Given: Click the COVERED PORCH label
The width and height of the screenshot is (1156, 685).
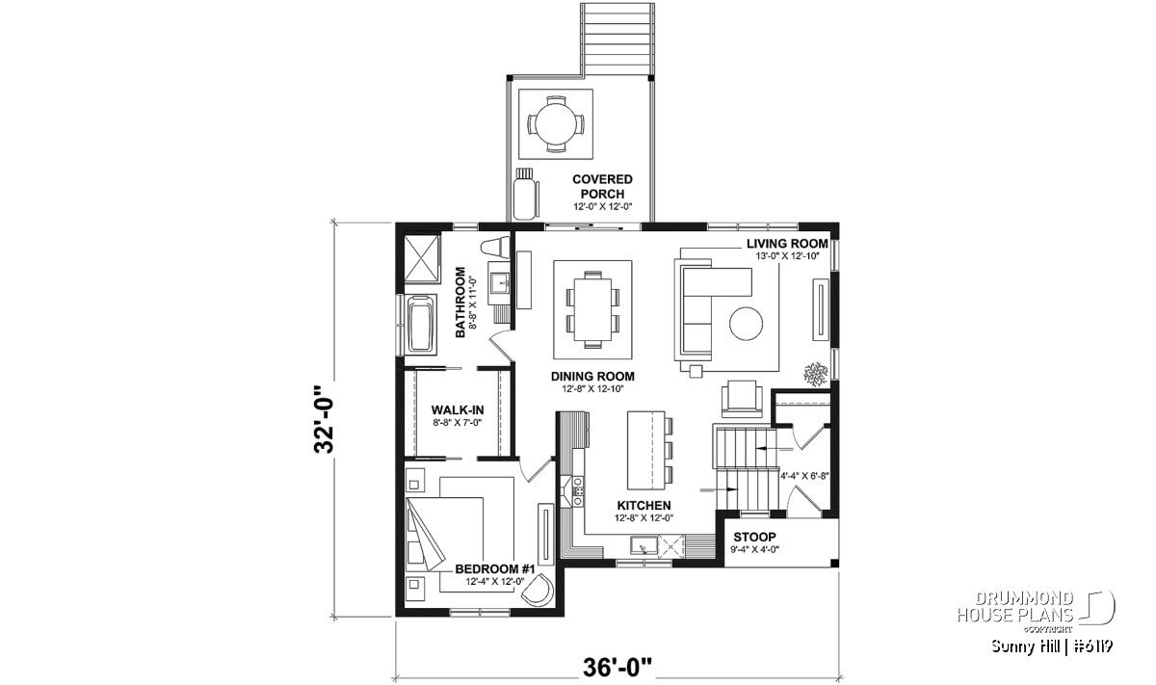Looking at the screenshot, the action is tap(602, 186).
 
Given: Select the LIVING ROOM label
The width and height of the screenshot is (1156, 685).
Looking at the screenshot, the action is tap(787, 243).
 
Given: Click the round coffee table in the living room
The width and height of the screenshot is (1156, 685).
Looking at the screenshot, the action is tap(746, 324).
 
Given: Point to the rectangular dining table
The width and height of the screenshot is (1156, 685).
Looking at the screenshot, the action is tap(593, 309).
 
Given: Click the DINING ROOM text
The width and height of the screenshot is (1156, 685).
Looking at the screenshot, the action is tap(592, 377).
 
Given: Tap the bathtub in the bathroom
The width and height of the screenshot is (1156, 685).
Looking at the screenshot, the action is tap(421, 324).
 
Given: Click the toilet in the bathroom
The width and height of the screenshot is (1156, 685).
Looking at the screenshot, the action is tap(495, 247).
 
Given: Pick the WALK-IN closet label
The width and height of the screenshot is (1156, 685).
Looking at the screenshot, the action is tap(458, 409).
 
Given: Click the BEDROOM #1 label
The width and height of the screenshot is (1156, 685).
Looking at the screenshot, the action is tap(494, 568).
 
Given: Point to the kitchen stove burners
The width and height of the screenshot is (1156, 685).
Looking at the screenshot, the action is tap(579, 491).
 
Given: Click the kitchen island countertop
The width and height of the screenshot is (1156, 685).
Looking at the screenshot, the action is tap(645, 450).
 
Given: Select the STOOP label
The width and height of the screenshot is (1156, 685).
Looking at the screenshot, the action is tap(754, 537).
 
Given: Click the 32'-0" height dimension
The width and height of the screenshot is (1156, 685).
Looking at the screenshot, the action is tap(325, 419).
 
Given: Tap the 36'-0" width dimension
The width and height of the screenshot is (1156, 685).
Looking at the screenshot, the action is tap(617, 667).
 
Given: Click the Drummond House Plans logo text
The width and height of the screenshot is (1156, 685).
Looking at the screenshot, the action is tap(1015, 606).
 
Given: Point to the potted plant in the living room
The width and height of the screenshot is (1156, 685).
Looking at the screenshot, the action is tap(815, 374).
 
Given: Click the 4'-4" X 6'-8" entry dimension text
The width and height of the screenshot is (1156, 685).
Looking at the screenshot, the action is tap(804, 476).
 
